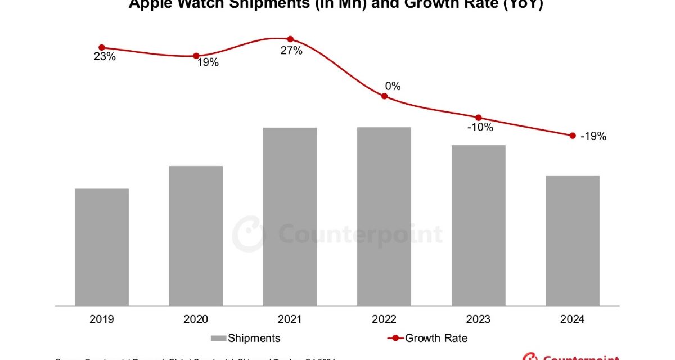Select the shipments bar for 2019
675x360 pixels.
point(102,247)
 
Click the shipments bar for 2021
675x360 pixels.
point(290,217)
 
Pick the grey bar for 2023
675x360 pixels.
point(479,225)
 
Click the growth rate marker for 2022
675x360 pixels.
point(385,96)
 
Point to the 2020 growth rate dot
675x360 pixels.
point(196,56)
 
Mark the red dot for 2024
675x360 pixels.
point(573,136)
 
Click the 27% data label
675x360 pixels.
point(292,51)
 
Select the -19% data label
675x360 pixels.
point(594,136)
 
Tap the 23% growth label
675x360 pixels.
point(105,56)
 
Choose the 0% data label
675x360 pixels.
point(393,86)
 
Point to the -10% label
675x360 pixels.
point(480,127)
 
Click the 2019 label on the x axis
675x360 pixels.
point(102,319)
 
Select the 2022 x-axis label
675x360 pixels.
point(384,319)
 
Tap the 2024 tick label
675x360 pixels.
point(573,319)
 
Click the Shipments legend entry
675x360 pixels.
point(254,338)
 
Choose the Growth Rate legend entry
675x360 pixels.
point(436,338)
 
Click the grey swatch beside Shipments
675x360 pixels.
point(218,338)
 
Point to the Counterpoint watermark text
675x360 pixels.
point(361,234)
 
